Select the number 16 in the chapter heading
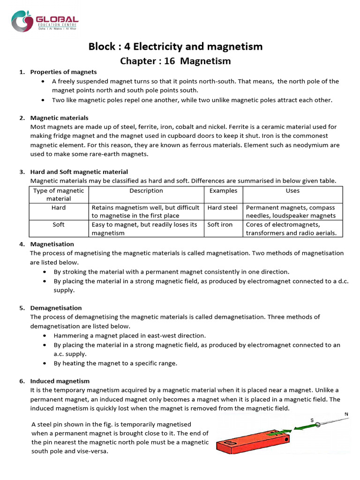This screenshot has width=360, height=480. tap(171, 61)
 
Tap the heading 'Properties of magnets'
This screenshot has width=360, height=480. tap(63, 72)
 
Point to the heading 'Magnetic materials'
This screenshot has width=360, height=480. tap(59, 118)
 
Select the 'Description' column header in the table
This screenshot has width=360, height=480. tap(146, 191)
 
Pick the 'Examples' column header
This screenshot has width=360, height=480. tap(223, 191)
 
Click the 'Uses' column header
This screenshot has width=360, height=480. tap(292, 191)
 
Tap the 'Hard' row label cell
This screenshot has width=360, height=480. tap(59, 207)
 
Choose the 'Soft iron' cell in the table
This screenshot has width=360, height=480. tap(220, 225)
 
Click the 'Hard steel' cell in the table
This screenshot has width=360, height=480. tap(222, 207)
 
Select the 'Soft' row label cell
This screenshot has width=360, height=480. tap(59, 225)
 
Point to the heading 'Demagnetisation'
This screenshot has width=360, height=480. tap(56, 308)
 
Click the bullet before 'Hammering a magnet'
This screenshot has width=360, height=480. tap(44, 336)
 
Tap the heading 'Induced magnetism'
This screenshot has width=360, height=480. tap(60, 381)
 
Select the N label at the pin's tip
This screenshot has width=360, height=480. tap(346, 414)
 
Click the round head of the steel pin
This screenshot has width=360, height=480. tap(317, 424)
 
